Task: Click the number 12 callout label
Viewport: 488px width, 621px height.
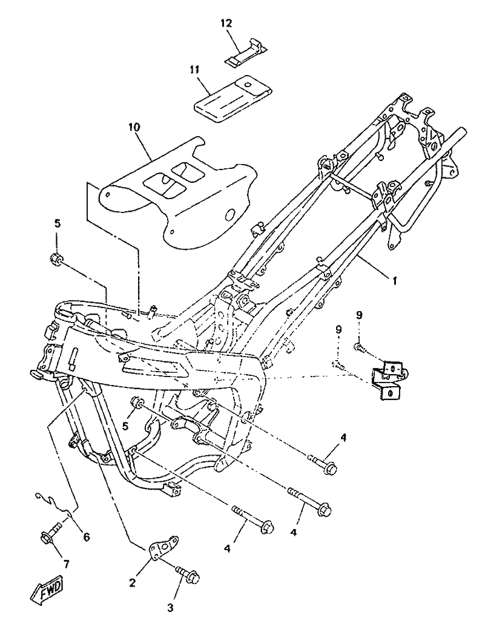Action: click(226, 23)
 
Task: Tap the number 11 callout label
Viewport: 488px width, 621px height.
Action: click(194, 70)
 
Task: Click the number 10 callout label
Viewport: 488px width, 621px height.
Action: click(134, 127)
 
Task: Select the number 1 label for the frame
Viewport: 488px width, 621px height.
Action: click(395, 281)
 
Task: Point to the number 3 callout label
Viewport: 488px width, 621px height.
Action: click(171, 606)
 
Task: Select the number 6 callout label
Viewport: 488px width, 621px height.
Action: click(86, 536)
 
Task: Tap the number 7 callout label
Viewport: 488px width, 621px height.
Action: click(66, 564)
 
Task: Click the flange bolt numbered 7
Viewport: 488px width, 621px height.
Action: click(50, 534)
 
